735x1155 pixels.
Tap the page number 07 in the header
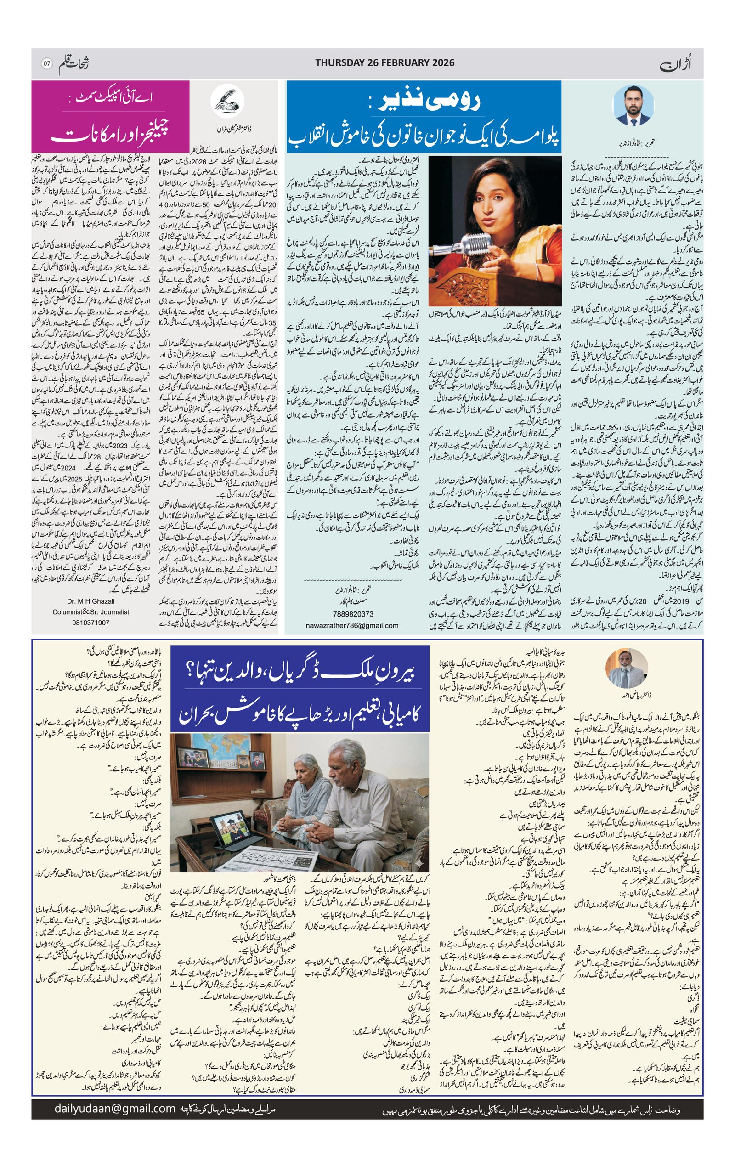46,63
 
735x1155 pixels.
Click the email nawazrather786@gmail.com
352,625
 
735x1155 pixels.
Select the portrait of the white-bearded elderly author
625,669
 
